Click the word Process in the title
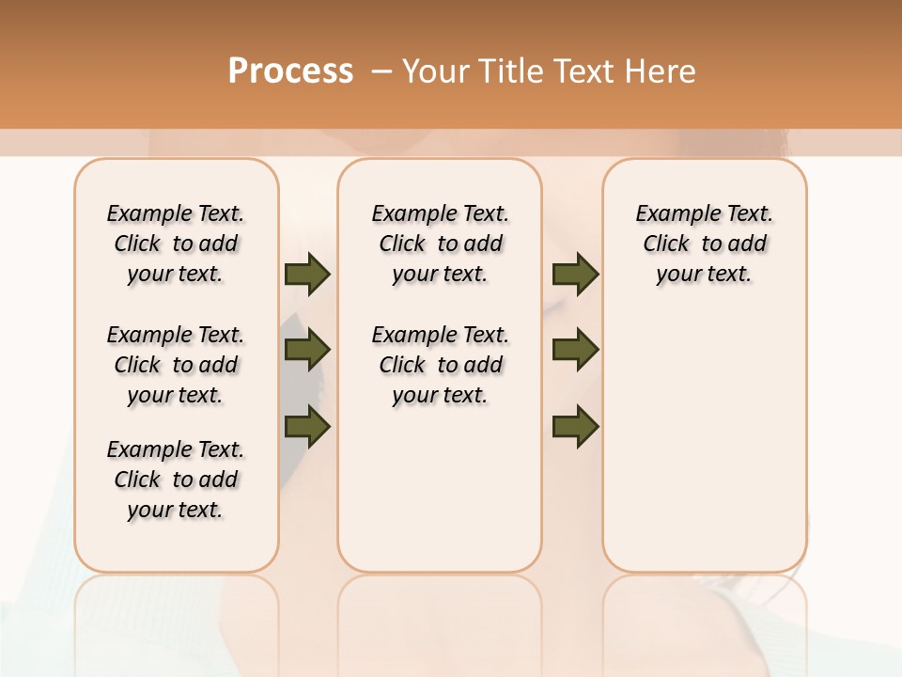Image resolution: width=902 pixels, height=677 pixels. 290,71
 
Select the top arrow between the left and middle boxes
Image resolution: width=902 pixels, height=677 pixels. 307,275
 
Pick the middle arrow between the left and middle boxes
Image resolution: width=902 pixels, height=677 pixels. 307,351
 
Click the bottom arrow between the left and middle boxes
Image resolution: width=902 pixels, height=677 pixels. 307,427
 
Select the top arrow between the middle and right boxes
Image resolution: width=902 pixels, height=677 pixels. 575,275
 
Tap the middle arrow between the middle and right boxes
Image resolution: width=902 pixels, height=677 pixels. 575,351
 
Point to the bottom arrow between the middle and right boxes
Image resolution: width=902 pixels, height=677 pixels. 575,427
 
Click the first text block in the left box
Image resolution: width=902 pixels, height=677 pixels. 176,244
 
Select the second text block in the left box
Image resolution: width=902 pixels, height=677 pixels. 176,365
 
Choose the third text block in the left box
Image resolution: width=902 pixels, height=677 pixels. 176,480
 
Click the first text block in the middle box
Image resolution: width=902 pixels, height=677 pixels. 440,244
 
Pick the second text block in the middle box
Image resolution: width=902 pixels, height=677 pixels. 440,365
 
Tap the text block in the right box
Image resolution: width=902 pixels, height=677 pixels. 704,244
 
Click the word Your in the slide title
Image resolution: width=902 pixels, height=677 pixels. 435,71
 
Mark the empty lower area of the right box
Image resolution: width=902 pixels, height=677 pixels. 704,442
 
